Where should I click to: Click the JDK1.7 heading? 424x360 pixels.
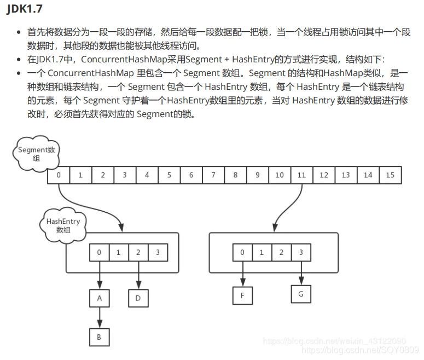pyautogui.click(x=24, y=9)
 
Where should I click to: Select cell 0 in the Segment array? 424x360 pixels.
pyautogui.click(x=59, y=175)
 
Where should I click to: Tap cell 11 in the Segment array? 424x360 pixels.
pyautogui.click(x=301, y=175)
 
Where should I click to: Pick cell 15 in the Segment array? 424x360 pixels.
pyautogui.click(x=390, y=175)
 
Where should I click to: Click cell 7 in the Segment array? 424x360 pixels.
pyautogui.click(x=213, y=175)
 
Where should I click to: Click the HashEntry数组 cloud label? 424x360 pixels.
pyautogui.click(x=63, y=225)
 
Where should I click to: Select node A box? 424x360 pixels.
pyautogui.click(x=100, y=299)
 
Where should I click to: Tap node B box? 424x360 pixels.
pyautogui.click(x=99, y=337)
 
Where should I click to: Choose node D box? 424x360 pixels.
pyautogui.click(x=138, y=299)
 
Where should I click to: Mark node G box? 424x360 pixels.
pyautogui.click(x=300, y=294)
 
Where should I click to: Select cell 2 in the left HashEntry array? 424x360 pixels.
pyautogui.click(x=138, y=253)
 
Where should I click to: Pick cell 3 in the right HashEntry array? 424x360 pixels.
pyautogui.click(x=301, y=252)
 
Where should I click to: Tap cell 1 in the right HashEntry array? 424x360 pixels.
pyautogui.click(x=262, y=252)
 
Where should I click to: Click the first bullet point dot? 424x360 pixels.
pyautogui.click(x=20, y=33)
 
